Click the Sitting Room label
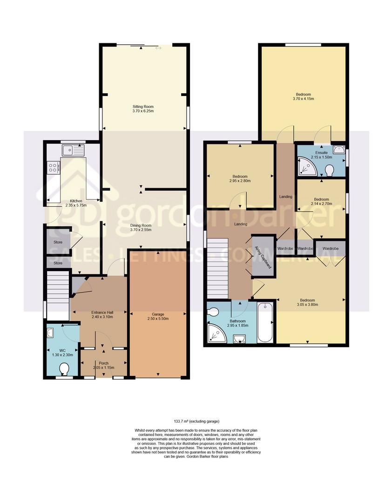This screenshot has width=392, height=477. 143,107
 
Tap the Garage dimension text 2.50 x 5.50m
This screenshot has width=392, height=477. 158,319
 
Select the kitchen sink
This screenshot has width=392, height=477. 73,150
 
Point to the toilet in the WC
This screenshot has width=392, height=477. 64,369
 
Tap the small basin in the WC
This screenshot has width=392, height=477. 51,333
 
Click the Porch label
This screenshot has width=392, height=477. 103,363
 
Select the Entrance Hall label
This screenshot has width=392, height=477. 102,313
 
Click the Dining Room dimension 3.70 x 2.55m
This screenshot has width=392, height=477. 141,230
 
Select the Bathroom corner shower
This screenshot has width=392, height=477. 216,334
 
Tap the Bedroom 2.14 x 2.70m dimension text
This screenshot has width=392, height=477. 321,204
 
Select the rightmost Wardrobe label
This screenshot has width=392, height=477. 330,249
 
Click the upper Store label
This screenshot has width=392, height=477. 58,242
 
